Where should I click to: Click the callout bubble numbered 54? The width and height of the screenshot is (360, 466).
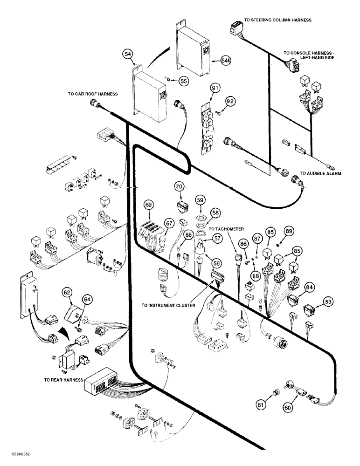128,55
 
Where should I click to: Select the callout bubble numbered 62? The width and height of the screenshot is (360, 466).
68,293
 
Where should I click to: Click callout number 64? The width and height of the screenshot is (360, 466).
87,299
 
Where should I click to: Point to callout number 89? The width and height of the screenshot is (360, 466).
289,230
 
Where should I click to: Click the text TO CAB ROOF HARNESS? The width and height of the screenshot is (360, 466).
91,94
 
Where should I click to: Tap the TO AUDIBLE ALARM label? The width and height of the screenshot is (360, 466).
320,173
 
